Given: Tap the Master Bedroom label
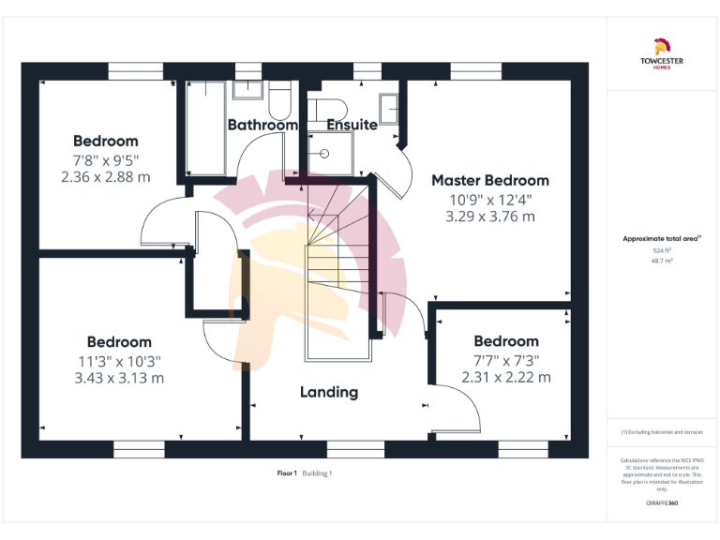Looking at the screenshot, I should click(489, 180).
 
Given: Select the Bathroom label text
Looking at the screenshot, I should click(262, 125).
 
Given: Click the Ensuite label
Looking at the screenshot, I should click(352, 125).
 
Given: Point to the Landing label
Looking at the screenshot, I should click(328, 392).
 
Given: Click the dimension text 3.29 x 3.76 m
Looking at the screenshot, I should click(489, 216).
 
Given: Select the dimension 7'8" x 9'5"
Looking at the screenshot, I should click(105, 158).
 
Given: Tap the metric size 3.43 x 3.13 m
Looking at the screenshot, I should click(119, 378).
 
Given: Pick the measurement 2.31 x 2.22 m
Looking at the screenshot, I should click(505, 377).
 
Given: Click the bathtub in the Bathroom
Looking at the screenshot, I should click(205, 128).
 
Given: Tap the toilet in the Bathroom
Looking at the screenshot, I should click(279, 98).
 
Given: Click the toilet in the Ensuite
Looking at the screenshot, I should click(331, 107).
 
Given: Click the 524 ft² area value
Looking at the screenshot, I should click(662, 251).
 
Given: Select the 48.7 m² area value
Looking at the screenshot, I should click(662, 262).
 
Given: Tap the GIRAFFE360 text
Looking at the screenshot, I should click(662, 504).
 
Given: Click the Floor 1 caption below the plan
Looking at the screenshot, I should click(287, 473).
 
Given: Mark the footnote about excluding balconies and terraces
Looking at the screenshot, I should click(662, 432).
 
